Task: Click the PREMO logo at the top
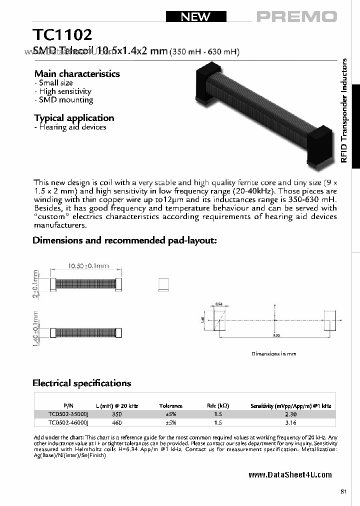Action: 297,16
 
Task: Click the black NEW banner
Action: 195,16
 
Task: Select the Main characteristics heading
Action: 77,73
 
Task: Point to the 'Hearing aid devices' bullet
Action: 70,127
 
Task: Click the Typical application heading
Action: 74,118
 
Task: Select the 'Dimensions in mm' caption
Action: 273,353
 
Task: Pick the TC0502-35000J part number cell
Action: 68,414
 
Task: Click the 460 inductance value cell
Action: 117,422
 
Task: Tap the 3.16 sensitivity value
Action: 290,422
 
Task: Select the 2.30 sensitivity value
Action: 290,414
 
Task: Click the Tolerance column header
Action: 170,406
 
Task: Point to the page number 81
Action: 343,492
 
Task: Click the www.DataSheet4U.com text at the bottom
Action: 290,475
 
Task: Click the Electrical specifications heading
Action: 81,383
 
